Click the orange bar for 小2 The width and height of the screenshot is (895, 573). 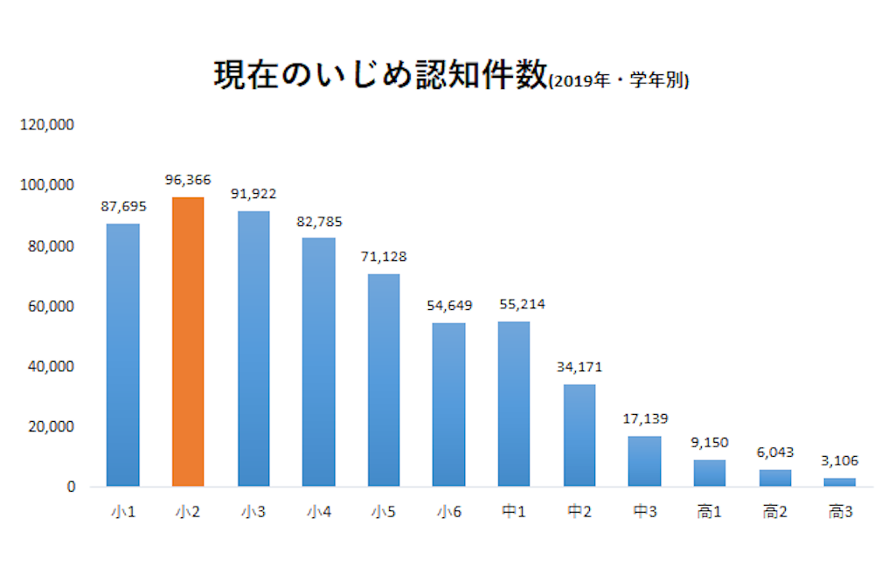click(x=188, y=342)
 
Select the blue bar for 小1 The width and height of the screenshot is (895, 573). click(x=122, y=355)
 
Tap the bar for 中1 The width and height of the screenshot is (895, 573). click(x=514, y=404)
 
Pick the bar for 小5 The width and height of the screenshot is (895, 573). click(x=384, y=380)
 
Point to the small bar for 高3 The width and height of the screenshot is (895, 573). click(x=840, y=482)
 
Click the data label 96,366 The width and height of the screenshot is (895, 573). click(x=188, y=180)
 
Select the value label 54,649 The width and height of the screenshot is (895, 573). click(x=449, y=306)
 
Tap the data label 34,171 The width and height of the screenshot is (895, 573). click(x=579, y=367)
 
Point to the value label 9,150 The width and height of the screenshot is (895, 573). click(x=710, y=443)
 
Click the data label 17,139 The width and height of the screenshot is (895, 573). click(x=645, y=419)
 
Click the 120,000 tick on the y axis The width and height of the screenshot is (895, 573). click(x=47, y=125)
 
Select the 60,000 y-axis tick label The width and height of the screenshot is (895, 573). click(x=51, y=307)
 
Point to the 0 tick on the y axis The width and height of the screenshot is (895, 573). click(x=71, y=487)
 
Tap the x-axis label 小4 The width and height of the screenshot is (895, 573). click(x=318, y=512)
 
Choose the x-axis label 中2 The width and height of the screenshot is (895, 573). click(x=579, y=512)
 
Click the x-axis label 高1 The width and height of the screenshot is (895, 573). click(x=710, y=512)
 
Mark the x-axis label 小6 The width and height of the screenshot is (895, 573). click(x=449, y=512)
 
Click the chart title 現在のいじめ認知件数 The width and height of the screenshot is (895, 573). click(x=381, y=75)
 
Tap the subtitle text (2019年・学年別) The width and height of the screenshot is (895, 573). click(x=619, y=80)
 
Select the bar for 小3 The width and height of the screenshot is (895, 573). click(x=253, y=349)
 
